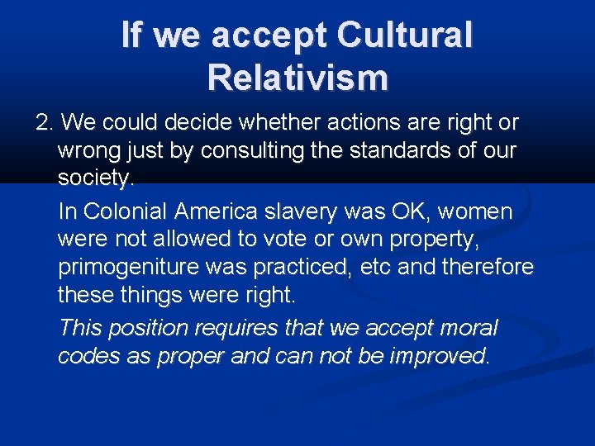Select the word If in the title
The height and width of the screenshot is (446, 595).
point(135,36)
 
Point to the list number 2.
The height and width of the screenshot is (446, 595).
point(43,123)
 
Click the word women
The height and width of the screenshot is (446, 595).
point(475,212)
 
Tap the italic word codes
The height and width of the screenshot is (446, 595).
point(86,356)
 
